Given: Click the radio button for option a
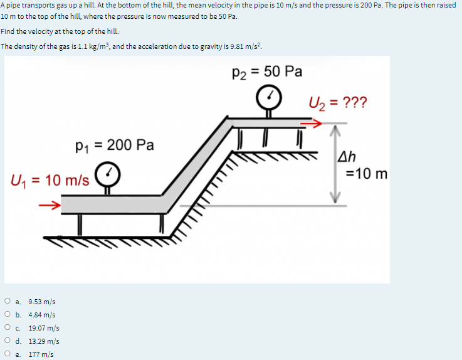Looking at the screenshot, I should pos(6,302).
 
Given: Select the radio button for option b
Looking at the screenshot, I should pos(6,315).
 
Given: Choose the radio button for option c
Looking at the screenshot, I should pos(6,328).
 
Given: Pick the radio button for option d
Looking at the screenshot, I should pos(6,341).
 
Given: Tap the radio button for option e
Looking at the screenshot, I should pos(6,354).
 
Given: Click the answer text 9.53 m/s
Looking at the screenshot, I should pos(42,302).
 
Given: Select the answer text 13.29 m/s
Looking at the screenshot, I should pos(44,341).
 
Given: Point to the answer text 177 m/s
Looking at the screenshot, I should pos(41,354).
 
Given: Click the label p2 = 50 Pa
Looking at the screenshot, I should pos(267,71).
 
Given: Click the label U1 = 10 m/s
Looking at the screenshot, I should pos(50,181).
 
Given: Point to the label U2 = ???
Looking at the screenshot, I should pos(339,102).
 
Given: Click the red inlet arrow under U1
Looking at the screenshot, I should pos(51,204).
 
